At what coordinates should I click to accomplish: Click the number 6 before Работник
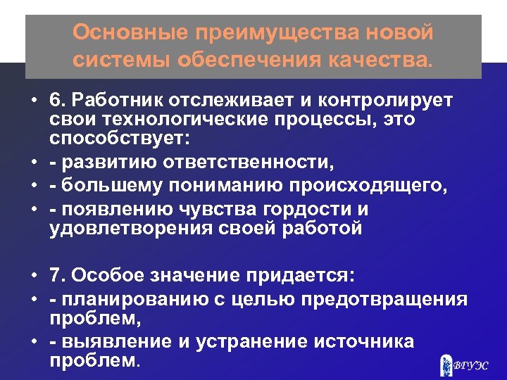[54, 101]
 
